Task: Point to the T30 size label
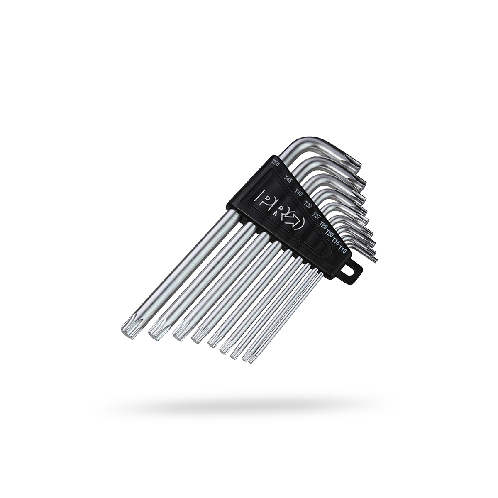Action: [x=308, y=204]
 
